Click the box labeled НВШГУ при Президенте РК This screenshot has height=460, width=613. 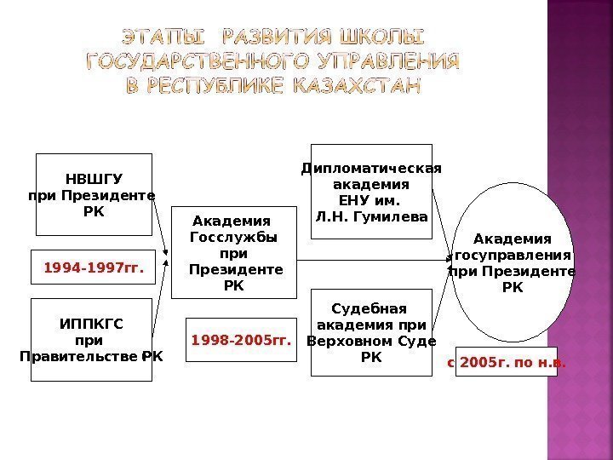tap(93, 194)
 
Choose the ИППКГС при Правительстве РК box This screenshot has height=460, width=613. tap(92, 339)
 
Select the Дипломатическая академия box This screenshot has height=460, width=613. tap(371, 192)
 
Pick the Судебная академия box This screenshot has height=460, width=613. tap(371, 332)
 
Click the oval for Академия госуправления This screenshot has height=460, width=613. tap(512, 262)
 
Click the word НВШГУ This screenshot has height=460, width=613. tap(94, 179)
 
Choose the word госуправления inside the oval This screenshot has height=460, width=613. tap(513, 255)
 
